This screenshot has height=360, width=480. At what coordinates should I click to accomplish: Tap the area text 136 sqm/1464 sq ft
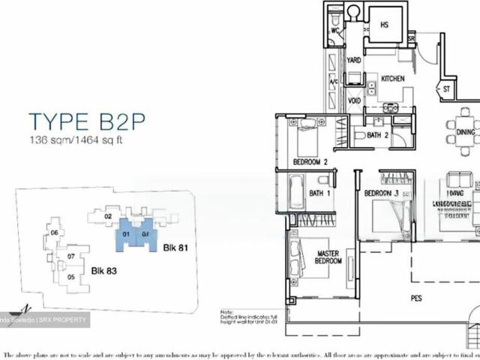[x=82, y=140]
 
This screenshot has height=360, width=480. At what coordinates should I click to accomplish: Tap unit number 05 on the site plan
[x=71, y=277]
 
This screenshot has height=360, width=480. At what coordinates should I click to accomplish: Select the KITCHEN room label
[x=393, y=79]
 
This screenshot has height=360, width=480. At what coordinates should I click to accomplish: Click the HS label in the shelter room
[x=385, y=25]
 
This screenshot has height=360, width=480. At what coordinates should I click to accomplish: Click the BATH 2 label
[x=376, y=136]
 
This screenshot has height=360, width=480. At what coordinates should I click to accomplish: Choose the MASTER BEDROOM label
[x=328, y=256]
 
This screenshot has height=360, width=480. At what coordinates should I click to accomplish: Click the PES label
[x=417, y=298]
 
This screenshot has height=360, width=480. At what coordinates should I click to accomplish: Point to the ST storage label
[x=446, y=88]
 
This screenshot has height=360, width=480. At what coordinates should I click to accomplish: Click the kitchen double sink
[x=390, y=108]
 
